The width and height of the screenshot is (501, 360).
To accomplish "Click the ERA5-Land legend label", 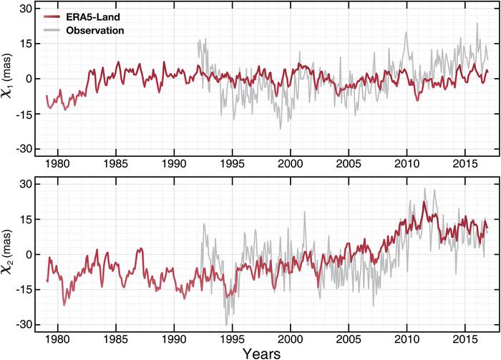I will pos(90,17).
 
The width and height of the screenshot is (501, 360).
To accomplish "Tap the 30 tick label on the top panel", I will pos(25,9).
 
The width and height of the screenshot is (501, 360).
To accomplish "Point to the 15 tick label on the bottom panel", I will pos(25,220).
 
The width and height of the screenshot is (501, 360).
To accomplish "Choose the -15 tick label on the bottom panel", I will pos(23,289).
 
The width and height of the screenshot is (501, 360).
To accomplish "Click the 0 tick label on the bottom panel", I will pos(28,254).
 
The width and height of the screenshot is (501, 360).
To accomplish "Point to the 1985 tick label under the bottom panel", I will pos(116,337).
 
